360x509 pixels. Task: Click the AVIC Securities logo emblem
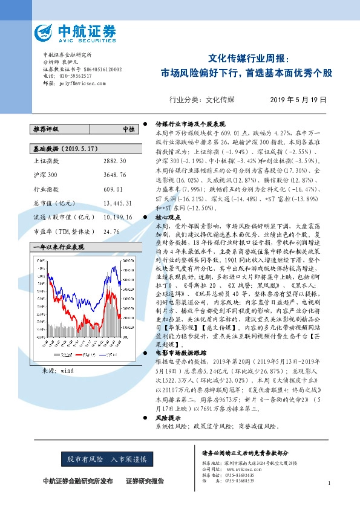coord(45,31)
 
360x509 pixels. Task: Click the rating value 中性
coord(129,129)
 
